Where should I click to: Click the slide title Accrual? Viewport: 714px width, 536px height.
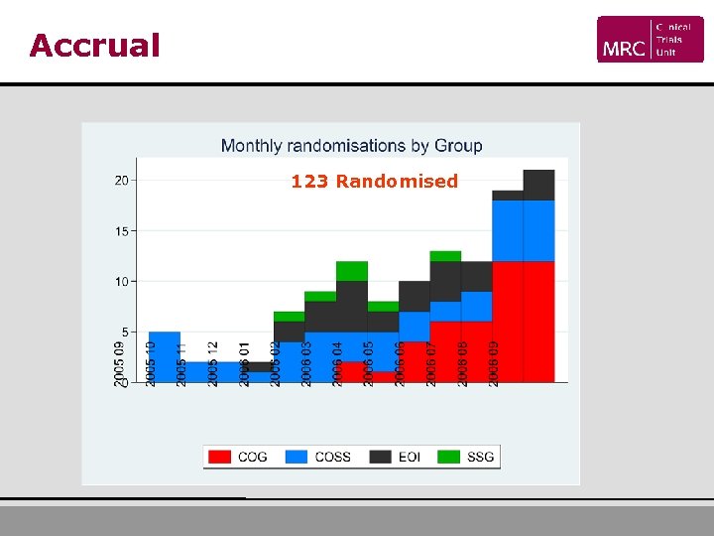click(x=94, y=46)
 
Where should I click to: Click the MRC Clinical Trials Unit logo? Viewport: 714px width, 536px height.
click(x=650, y=40)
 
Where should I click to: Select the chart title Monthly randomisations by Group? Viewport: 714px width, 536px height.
click(x=351, y=146)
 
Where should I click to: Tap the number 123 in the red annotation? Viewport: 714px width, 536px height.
click(x=309, y=182)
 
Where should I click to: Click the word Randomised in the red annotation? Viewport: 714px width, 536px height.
click(x=397, y=182)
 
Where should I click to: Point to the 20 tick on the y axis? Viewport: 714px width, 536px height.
click(x=121, y=181)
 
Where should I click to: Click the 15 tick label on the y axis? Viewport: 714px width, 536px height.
click(x=121, y=231)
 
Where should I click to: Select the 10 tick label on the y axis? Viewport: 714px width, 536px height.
click(x=121, y=282)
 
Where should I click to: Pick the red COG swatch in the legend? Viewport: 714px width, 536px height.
click(x=220, y=457)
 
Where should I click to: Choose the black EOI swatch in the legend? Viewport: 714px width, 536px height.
click(x=380, y=457)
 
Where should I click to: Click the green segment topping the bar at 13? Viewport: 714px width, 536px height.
click(x=445, y=256)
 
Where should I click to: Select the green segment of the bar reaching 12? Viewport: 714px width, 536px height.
click(x=352, y=271)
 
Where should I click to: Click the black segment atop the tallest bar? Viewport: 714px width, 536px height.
click(x=538, y=186)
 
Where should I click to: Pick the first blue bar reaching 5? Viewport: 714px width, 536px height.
click(x=164, y=347)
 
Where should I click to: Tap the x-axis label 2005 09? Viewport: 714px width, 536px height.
click(x=120, y=363)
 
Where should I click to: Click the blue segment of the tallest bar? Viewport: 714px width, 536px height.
click(x=538, y=231)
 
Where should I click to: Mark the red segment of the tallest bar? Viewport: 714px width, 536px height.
click(x=538, y=321)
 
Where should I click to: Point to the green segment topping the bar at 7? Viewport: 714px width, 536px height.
click(x=289, y=317)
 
